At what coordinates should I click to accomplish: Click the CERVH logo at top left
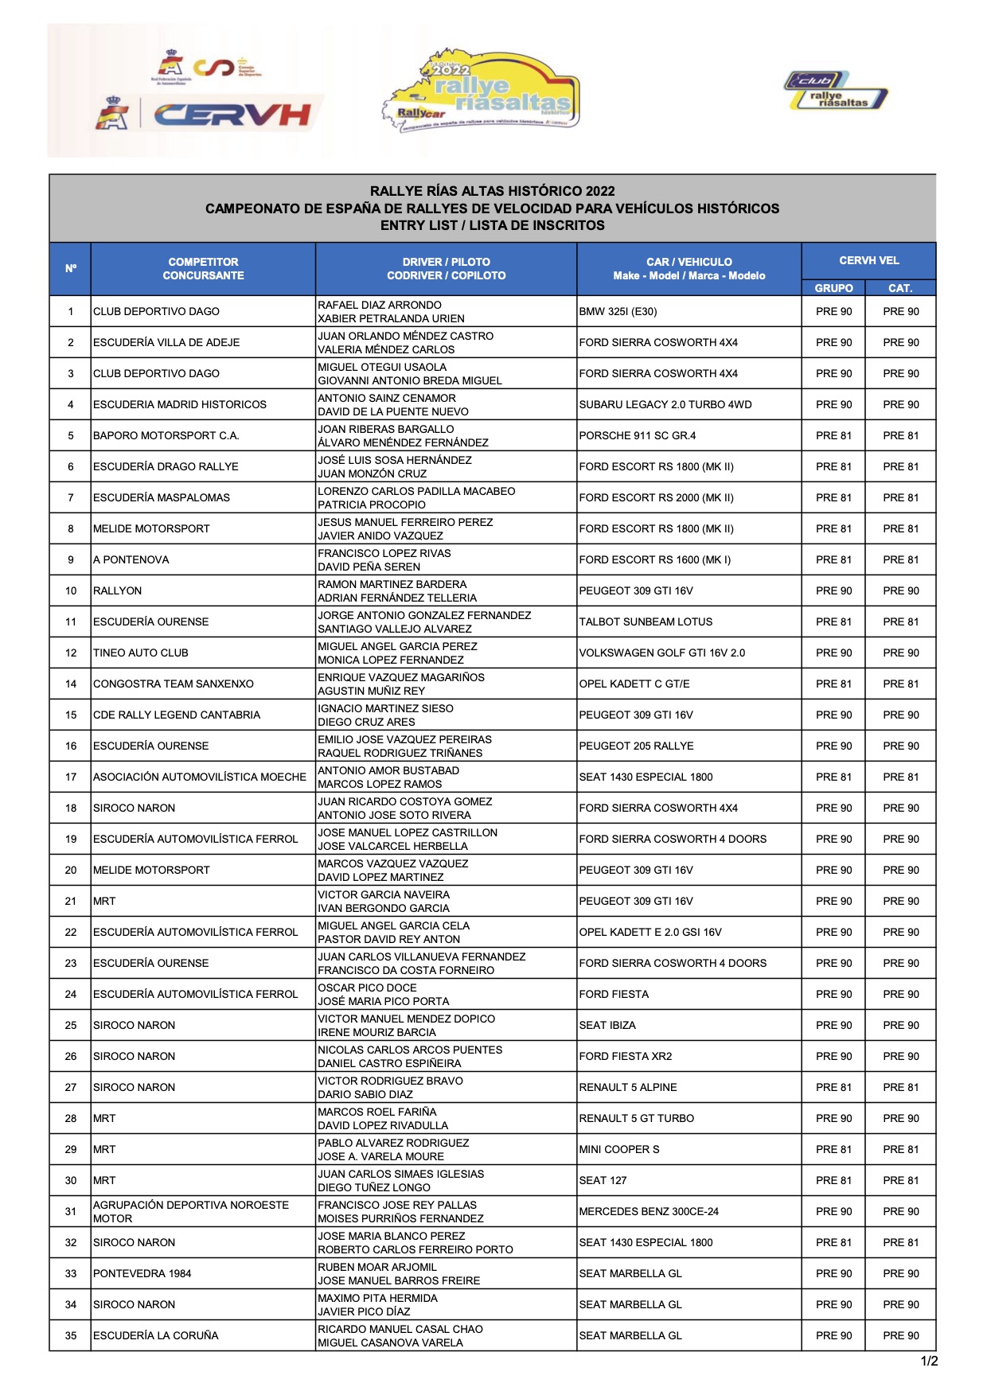tap(231, 115)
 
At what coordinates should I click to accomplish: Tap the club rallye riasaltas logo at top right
tap(836, 91)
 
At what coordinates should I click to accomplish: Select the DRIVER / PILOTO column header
tap(446, 268)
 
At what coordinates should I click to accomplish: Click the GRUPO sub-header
tap(833, 288)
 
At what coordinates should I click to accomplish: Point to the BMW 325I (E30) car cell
tap(618, 311)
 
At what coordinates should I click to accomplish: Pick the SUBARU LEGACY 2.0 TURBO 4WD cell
tap(665, 404)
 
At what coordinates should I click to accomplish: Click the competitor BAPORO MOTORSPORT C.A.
tap(166, 435)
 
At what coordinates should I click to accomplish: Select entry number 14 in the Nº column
tap(71, 684)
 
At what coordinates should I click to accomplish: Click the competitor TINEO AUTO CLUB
tap(141, 653)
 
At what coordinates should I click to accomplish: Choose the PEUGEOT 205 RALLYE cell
tap(636, 746)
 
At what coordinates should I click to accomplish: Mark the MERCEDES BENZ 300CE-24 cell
tap(649, 1211)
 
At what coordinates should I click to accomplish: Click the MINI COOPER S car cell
tap(619, 1149)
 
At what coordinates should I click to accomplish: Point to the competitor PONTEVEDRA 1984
tap(142, 1273)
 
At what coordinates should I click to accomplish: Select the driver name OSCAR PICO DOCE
tap(367, 988)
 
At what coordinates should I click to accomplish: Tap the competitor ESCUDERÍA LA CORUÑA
tap(156, 1335)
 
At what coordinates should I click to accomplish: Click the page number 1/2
tap(929, 1361)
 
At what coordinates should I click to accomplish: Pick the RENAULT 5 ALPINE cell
tap(628, 1087)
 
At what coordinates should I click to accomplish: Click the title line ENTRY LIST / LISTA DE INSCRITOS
tap(492, 225)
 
